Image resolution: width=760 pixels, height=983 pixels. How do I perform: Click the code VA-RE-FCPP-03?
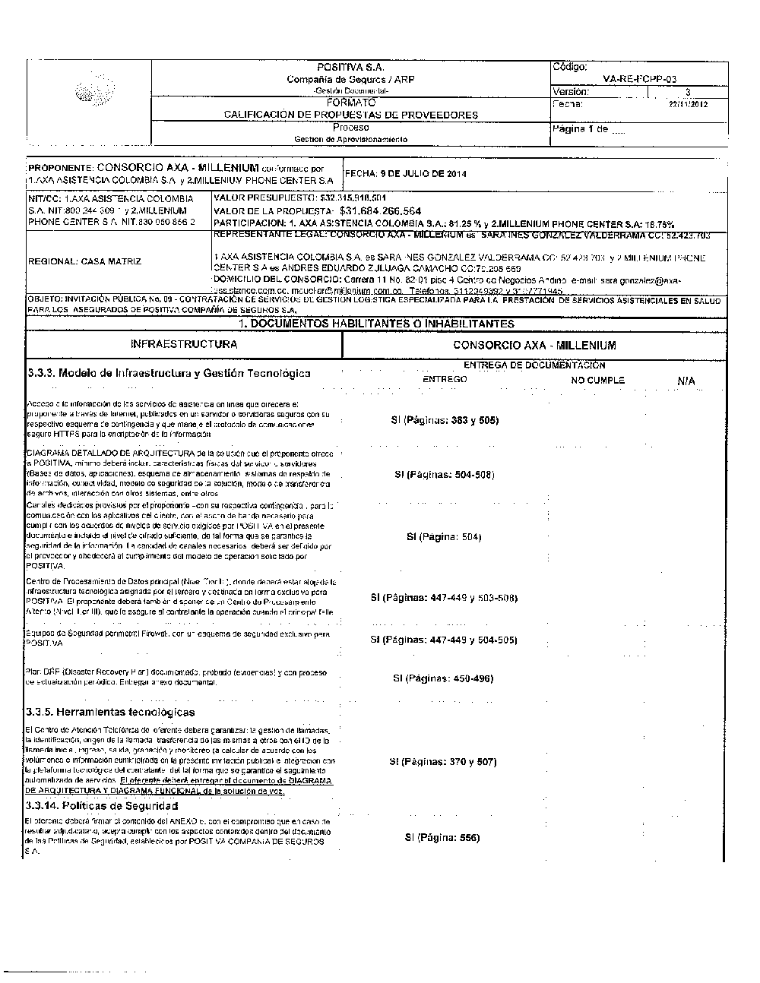(x=638, y=79)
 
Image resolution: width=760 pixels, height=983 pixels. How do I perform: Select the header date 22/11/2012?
(x=688, y=104)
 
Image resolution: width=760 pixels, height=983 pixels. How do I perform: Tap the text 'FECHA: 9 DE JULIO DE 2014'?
(x=406, y=174)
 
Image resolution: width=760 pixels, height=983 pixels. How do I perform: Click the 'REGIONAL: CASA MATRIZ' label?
(x=84, y=261)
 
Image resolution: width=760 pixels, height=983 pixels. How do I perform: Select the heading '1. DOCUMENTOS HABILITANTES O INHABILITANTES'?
(x=377, y=324)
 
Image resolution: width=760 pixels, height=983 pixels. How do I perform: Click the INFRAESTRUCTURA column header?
(x=184, y=344)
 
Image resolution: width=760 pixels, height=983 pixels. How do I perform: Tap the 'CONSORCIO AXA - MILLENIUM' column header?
(x=534, y=345)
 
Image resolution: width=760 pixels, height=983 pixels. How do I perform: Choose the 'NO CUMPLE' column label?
(x=597, y=380)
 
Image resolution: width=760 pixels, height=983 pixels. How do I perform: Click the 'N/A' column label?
(x=686, y=381)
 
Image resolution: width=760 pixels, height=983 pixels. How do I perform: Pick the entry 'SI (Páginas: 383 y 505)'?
(x=445, y=420)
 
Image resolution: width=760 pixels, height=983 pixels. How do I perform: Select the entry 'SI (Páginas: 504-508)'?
(x=445, y=475)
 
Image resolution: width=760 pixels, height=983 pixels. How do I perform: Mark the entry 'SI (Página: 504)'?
(x=444, y=537)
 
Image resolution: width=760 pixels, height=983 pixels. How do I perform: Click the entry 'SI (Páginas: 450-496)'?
(x=443, y=678)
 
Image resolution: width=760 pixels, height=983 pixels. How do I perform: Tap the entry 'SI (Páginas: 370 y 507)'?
(x=443, y=761)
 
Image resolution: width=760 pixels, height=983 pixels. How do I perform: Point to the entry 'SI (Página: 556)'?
(x=442, y=838)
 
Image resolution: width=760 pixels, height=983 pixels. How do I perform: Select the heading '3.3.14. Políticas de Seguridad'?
(x=102, y=805)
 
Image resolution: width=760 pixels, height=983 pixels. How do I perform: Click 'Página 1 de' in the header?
(x=582, y=129)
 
